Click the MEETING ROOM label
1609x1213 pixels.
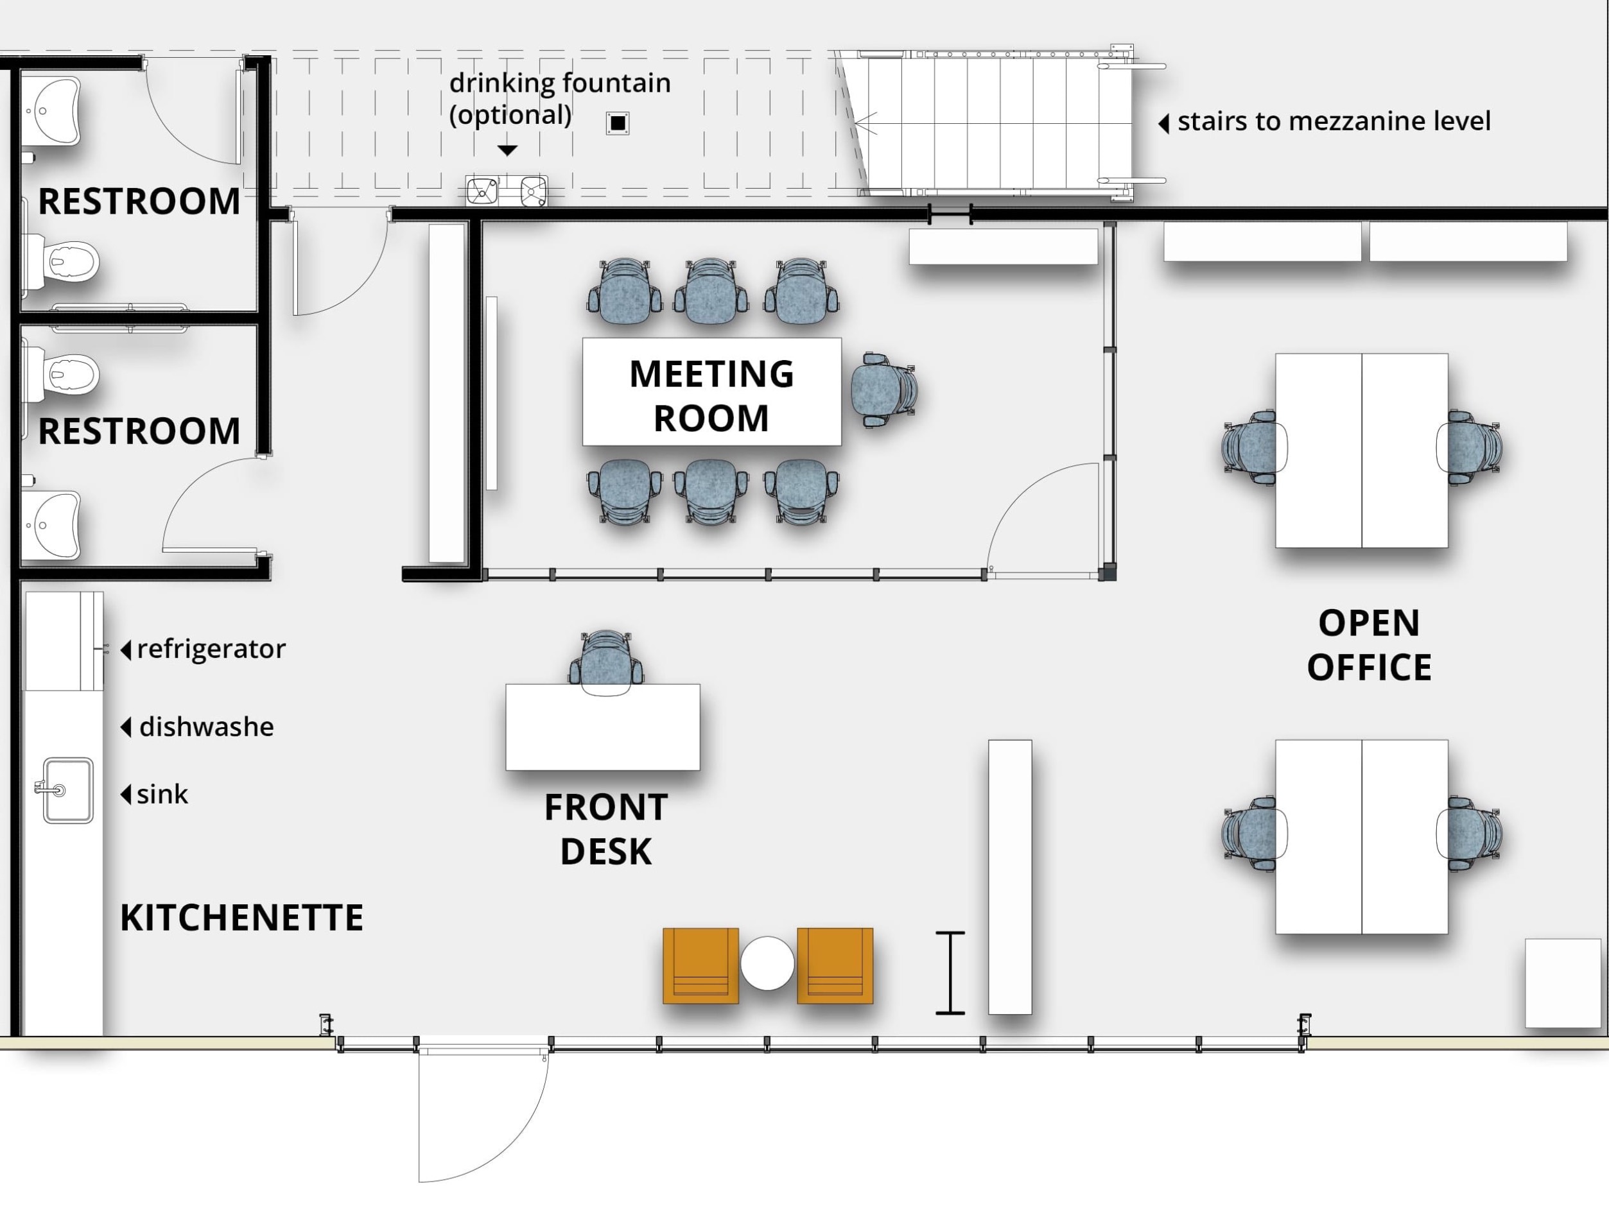(x=711, y=395)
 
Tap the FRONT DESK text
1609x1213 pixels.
(x=606, y=829)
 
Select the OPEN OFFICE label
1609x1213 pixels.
(x=1369, y=645)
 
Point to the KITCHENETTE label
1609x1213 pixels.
(x=241, y=918)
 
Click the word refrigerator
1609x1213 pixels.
(x=211, y=649)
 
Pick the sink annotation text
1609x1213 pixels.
(x=162, y=794)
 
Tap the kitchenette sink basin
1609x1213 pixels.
(x=67, y=791)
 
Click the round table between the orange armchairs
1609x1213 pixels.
(x=767, y=963)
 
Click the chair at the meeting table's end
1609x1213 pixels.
(x=883, y=389)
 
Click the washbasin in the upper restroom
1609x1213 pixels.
(x=51, y=111)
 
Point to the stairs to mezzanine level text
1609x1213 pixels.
(x=1334, y=121)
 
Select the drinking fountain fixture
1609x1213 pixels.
(x=507, y=191)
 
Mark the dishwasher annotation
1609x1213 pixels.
(x=206, y=727)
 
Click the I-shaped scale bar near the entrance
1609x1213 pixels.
(x=950, y=972)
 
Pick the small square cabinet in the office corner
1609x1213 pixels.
(x=1562, y=983)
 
